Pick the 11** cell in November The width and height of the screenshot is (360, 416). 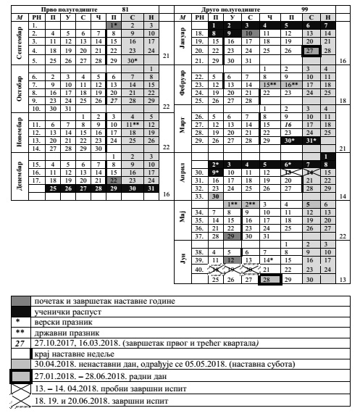(133, 125)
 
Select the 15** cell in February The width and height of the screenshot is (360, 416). (269, 85)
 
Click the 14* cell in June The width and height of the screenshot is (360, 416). (269, 259)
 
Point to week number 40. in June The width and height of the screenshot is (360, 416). (198, 268)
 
